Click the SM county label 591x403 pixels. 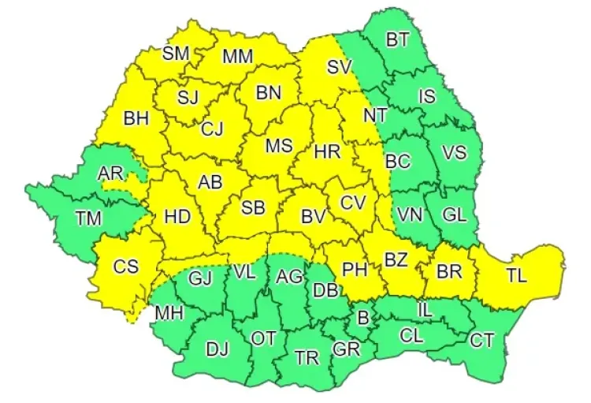[x=177, y=54]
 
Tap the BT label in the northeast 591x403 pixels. [x=397, y=40]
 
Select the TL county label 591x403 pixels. [x=516, y=276]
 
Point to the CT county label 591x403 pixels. [x=482, y=341]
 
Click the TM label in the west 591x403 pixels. [x=87, y=218]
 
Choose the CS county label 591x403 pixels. [x=125, y=267]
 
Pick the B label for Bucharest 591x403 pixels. [x=363, y=319]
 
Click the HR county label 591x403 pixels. [x=326, y=152]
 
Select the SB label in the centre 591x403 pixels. [x=253, y=208]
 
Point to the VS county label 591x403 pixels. [x=454, y=153]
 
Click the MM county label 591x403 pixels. [x=237, y=57]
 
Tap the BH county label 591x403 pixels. [x=136, y=119]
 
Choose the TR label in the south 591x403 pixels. [x=307, y=358]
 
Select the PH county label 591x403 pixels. [x=355, y=269]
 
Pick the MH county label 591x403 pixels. [x=169, y=312]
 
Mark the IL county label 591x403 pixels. [x=424, y=310]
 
